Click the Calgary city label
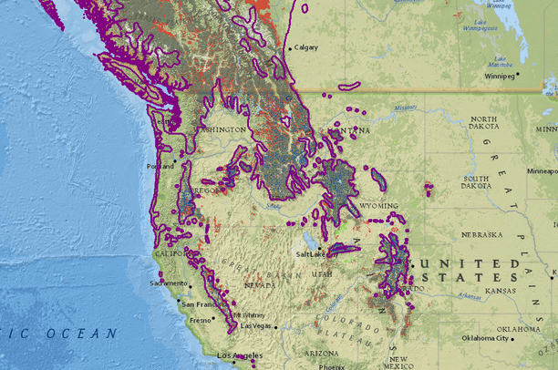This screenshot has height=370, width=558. coord(306,48)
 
